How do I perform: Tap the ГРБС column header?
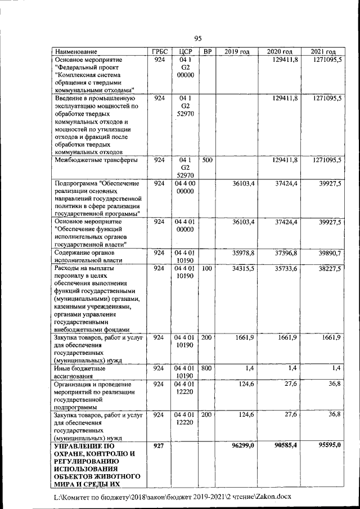(x=159, y=52)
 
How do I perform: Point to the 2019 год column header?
(x=237, y=52)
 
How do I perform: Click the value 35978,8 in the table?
(x=244, y=254)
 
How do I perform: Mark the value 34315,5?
(x=244, y=269)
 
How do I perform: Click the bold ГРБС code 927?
(x=159, y=445)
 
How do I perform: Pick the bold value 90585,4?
(x=286, y=445)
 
